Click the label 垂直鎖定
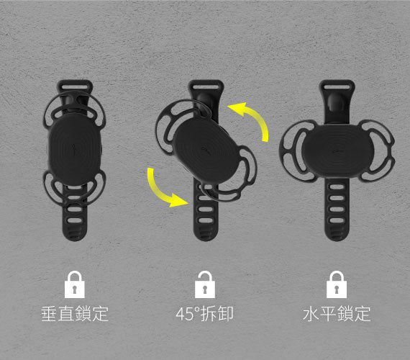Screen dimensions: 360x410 pos(75,314)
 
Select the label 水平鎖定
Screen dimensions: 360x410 pos(336,314)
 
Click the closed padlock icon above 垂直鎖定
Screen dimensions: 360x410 pos(75,284)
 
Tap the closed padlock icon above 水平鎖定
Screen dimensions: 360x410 pos(336,284)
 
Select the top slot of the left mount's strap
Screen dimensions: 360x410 pos(75,91)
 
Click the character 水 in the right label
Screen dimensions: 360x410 pos(310,314)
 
